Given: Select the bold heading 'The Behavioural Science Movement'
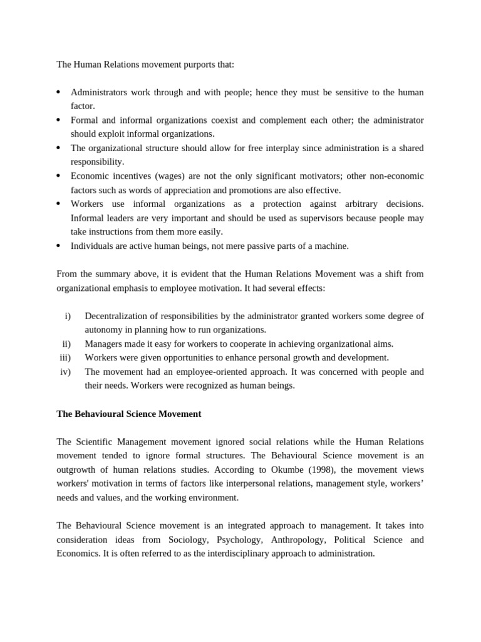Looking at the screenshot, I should [x=129, y=414].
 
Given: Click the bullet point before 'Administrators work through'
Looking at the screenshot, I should [x=58, y=92].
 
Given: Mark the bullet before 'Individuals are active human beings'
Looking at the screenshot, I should [x=58, y=246].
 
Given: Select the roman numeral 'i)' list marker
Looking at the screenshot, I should [x=68, y=315].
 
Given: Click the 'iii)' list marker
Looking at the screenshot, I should [x=65, y=357].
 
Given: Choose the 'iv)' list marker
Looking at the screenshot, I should [x=65, y=372].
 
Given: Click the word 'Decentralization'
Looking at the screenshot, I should [x=116, y=315].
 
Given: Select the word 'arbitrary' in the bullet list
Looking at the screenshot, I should [x=361, y=204].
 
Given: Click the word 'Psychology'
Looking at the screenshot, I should [x=239, y=540].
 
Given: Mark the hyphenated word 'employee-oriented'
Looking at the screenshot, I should [x=198, y=372].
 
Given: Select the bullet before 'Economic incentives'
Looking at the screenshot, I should [x=58, y=176].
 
